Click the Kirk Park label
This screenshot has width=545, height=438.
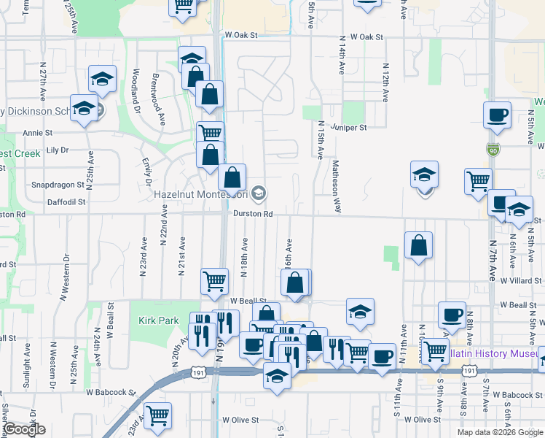tap(158, 320)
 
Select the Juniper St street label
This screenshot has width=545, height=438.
tap(349, 126)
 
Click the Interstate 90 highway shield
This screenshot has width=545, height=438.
tap(494, 149)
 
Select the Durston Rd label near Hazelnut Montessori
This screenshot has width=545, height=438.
tap(253, 214)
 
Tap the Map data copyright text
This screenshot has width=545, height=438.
tap(500, 432)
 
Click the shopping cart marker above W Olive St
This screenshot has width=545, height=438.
tap(157, 415)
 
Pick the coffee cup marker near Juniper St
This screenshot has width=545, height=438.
tap(497, 115)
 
